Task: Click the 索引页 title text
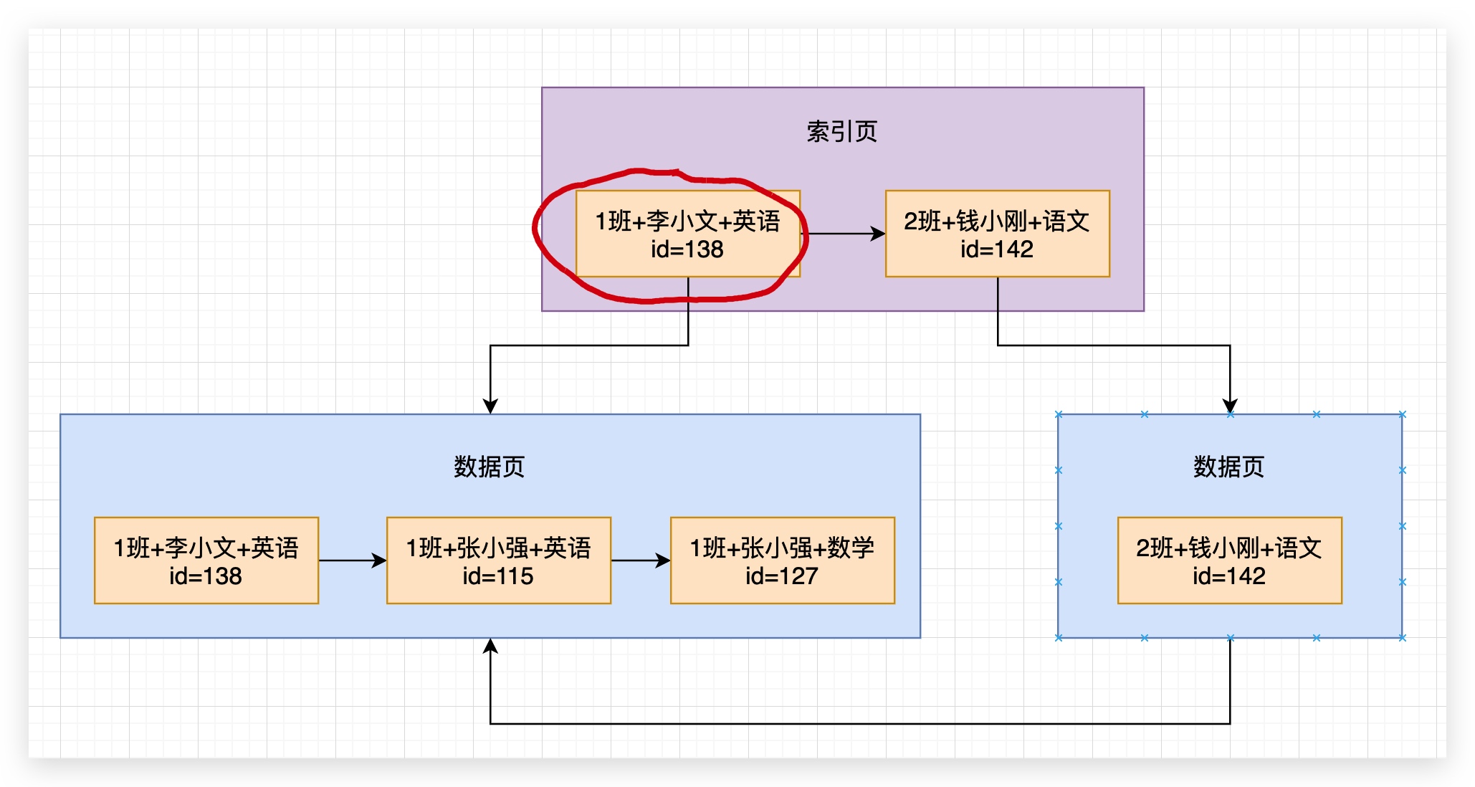click(x=841, y=132)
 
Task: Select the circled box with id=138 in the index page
click(x=687, y=234)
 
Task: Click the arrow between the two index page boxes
click(x=843, y=234)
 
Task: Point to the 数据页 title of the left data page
click(x=489, y=467)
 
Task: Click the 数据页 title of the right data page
click(x=1228, y=467)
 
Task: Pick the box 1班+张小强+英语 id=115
click(x=498, y=561)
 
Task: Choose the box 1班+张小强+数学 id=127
click(x=782, y=561)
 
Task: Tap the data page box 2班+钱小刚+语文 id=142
click(x=1229, y=561)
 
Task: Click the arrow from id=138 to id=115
click(x=352, y=561)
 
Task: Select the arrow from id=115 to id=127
click(x=640, y=561)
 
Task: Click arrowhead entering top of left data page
click(x=490, y=406)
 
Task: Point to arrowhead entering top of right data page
click(x=1230, y=406)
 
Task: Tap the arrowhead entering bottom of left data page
click(x=490, y=647)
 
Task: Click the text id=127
click(x=781, y=576)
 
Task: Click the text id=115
click(x=497, y=576)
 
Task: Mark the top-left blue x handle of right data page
click(x=1059, y=414)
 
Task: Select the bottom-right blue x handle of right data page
click(x=1403, y=638)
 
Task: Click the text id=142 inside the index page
click(x=997, y=249)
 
